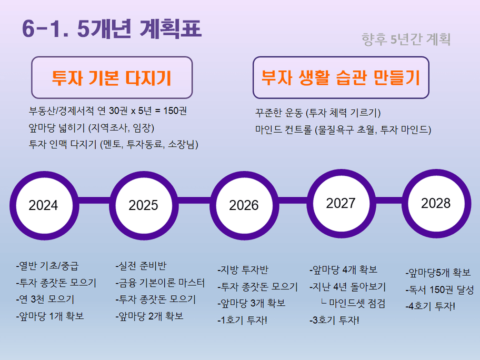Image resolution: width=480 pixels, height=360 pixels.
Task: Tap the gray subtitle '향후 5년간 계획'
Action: [406, 39]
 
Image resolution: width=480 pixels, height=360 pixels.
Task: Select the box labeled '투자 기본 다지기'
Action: [112, 78]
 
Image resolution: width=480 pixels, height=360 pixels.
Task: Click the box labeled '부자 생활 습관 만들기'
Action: [341, 78]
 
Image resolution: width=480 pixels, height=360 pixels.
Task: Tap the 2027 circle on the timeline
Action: [341, 203]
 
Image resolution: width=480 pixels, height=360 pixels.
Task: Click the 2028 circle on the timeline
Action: [436, 203]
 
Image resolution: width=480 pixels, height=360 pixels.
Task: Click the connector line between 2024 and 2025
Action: [93, 202]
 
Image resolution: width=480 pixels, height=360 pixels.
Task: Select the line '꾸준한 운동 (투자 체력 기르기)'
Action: [317, 113]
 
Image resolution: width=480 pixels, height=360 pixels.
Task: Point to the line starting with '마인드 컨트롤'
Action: [343, 129]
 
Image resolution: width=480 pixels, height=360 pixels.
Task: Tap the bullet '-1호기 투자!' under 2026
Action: [243, 319]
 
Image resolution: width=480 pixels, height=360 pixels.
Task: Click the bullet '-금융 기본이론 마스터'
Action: [160, 283]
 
